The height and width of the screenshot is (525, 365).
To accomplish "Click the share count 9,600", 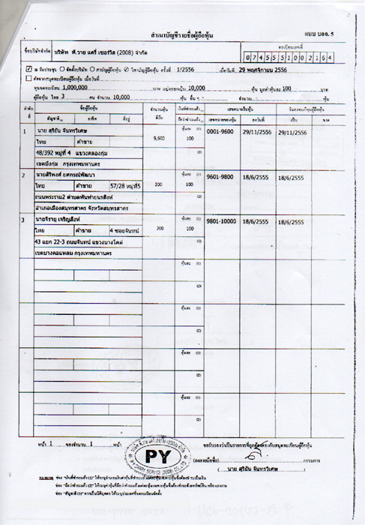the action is (x=158, y=139).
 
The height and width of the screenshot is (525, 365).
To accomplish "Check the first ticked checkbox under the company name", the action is (x=28, y=68).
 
